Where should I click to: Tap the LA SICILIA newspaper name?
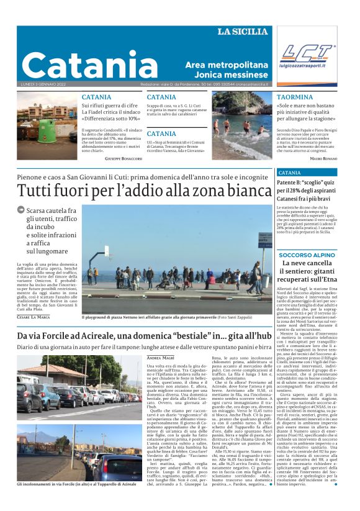click(x=243, y=32)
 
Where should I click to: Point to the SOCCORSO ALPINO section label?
click(x=307, y=255)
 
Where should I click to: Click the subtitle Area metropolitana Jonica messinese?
click(x=225, y=70)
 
